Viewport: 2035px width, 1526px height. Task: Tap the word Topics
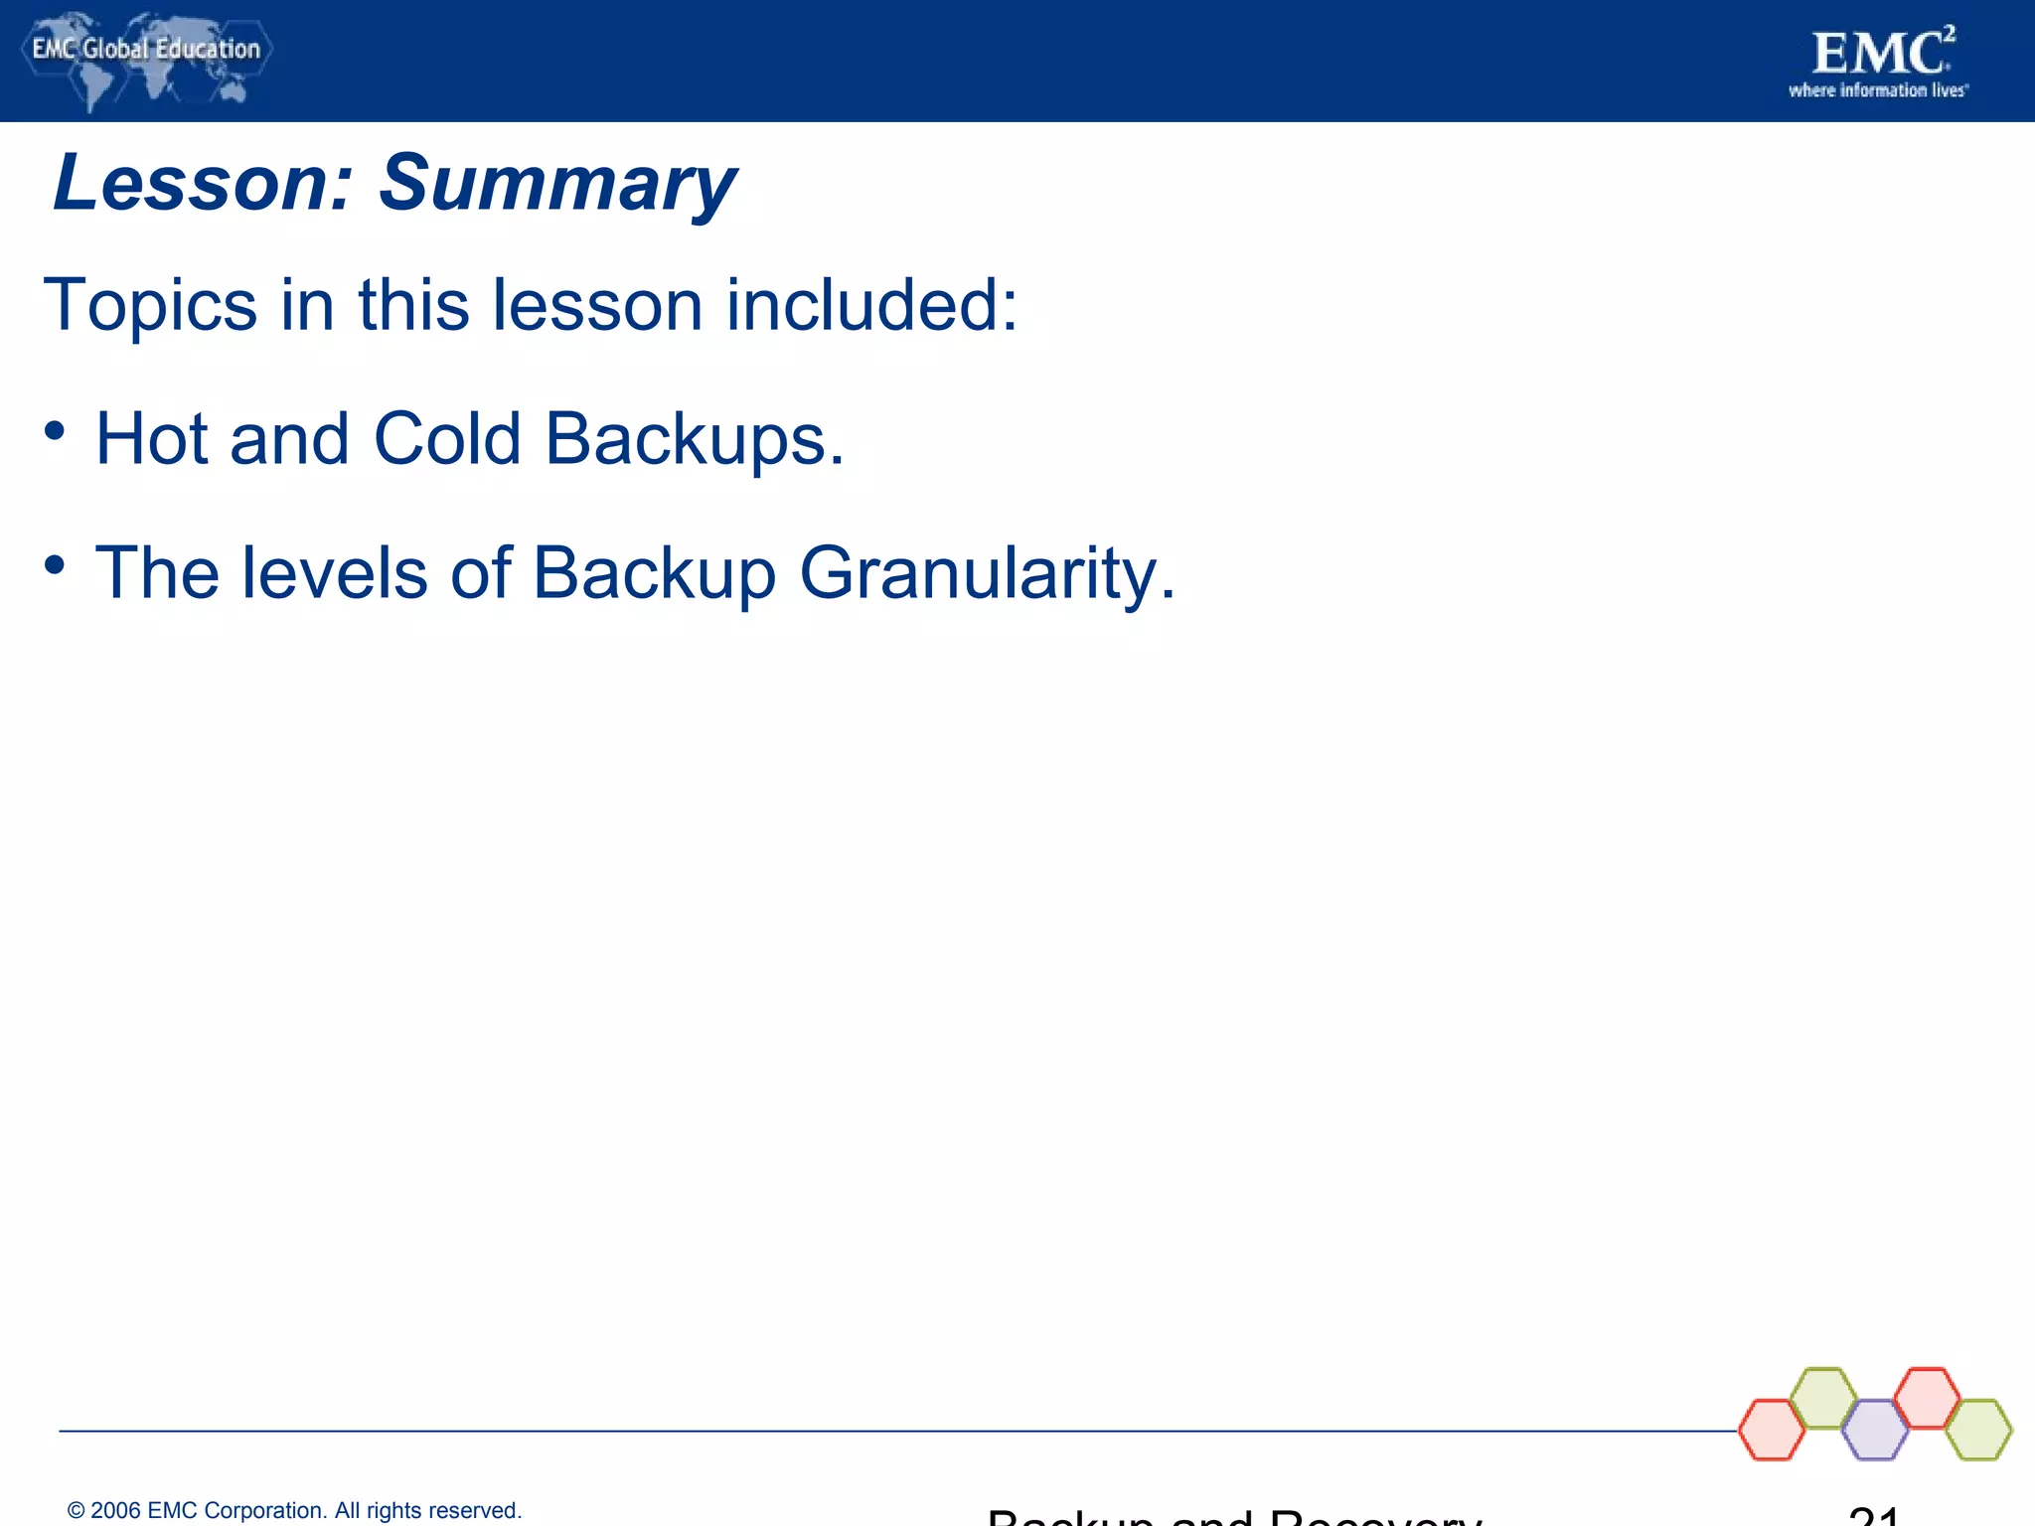point(150,306)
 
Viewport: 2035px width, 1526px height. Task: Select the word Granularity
point(987,574)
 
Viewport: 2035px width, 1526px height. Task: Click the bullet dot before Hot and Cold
point(55,431)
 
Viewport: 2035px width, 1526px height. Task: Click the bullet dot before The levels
point(55,565)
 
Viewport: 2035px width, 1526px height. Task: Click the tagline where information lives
point(1877,90)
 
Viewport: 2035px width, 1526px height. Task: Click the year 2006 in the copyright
point(115,1510)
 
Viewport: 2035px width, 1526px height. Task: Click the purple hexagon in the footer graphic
point(1875,1430)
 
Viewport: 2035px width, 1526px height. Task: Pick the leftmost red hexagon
point(1772,1430)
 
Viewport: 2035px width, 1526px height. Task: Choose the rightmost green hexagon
point(1978,1430)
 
